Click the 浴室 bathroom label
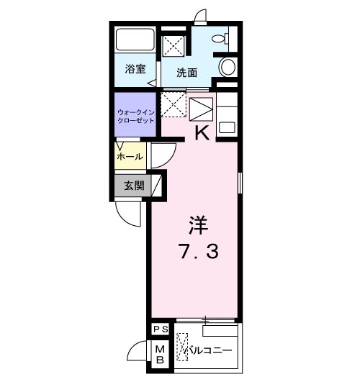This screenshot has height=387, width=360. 135,69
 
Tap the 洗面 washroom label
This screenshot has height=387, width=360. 186,73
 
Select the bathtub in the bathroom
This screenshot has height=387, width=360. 135,40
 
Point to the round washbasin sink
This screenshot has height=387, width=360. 228,67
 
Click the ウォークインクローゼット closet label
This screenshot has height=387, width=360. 136,117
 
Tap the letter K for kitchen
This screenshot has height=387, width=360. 202,133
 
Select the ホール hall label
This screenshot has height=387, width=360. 130,157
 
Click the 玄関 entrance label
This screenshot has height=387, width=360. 134,186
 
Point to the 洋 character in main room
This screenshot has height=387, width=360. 199,225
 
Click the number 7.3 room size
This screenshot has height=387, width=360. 199,251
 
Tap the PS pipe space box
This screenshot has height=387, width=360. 161,329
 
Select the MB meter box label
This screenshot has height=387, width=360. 160,355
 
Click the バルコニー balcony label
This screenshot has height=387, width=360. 210,350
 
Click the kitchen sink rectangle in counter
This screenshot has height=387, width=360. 227,127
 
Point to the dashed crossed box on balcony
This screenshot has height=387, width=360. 182,347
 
